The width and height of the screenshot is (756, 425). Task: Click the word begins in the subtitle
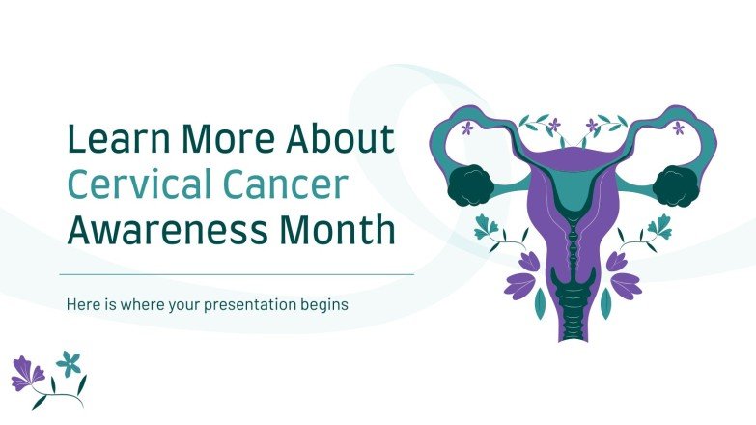coord(314,303)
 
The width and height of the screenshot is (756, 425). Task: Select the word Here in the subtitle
coord(81,303)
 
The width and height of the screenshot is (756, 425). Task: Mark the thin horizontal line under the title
coord(237,274)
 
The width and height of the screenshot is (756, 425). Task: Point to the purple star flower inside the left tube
coord(468,127)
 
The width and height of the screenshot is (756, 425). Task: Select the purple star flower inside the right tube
coord(679,127)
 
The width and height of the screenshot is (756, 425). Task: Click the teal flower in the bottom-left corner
coord(69,363)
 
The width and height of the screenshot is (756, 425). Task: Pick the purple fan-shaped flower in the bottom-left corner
coord(28,373)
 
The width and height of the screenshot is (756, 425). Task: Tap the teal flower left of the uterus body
coord(488,228)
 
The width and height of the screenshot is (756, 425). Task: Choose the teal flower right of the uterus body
coord(659,228)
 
